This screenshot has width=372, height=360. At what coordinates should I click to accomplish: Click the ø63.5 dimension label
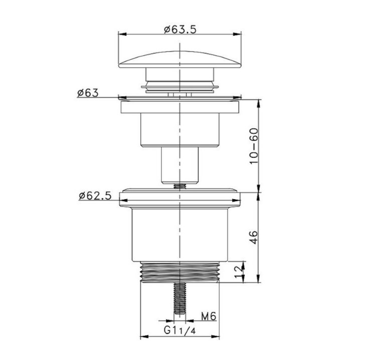(180, 30)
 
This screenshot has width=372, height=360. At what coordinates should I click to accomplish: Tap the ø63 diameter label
(88, 93)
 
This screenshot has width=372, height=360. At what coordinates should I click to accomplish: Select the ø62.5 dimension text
(95, 196)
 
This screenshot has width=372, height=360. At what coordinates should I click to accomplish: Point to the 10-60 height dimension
(254, 146)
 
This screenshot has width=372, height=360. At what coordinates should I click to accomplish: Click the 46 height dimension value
(254, 237)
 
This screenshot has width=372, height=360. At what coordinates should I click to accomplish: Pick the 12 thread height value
(239, 272)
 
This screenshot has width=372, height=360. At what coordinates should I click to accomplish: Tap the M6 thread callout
(209, 316)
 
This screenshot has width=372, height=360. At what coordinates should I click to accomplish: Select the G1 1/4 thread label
(180, 330)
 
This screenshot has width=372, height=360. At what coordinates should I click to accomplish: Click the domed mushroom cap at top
(180, 60)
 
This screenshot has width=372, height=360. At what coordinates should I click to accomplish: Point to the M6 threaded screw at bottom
(180, 298)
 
